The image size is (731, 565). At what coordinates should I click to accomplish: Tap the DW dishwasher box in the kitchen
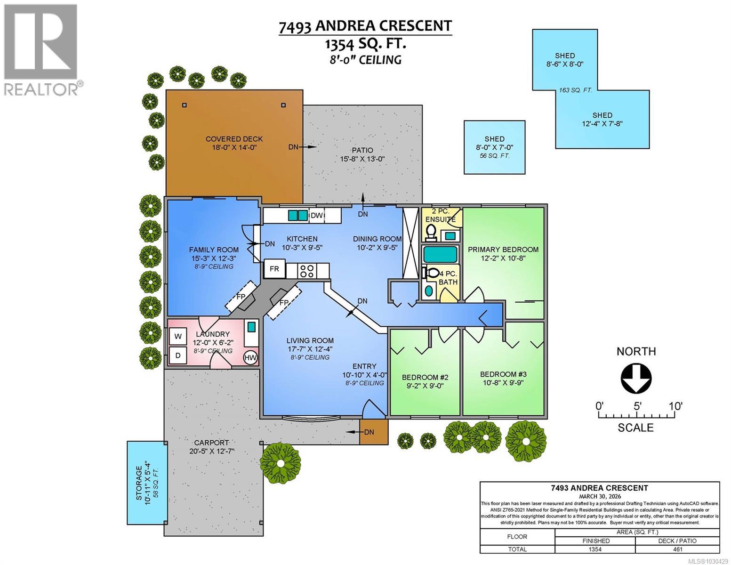[x=317, y=216]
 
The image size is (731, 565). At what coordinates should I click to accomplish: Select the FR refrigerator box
[x=274, y=270]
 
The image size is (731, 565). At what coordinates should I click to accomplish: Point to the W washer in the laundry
[x=178, y=336]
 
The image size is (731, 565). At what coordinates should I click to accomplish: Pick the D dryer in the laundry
[x=178, y=355]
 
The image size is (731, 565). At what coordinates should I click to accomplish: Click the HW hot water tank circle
[x=250, y=358]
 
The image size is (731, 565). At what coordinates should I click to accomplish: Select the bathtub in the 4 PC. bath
[x=440, y=254]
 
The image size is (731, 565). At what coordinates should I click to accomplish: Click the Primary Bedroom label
[x=503, y=250]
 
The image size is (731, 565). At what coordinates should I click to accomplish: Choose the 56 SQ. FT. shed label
[x=494, y=156]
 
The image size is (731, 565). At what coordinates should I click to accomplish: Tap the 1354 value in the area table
[x=595, y=549]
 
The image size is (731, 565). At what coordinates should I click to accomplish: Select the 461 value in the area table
[x=677, y=549]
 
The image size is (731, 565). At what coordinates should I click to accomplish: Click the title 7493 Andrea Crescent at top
[x=365, y=26]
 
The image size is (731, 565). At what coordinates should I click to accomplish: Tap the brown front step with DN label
[x=374, y=432]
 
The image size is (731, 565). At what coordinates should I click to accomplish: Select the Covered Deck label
[x=234, y=139]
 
